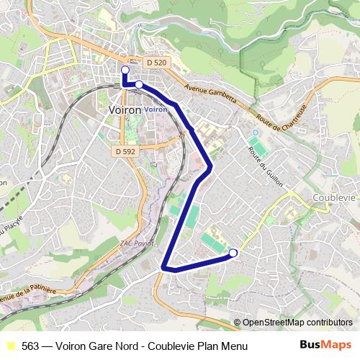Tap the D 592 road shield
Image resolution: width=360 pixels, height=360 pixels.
point(124,151)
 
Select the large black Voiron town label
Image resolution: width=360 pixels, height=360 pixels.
point(123,110)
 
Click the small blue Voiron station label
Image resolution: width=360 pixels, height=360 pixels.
point(155,109)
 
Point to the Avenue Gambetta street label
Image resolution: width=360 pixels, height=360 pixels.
point(210,94)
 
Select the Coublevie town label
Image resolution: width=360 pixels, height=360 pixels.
point(336,197)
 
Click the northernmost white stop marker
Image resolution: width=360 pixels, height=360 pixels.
point(125,70)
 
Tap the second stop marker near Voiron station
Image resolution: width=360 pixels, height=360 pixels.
point(138,84)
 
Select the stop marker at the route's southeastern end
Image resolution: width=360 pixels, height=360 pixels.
point(233,253)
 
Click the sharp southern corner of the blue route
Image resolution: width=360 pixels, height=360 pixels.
point(166,268)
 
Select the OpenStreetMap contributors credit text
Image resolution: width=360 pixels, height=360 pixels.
point(297,323)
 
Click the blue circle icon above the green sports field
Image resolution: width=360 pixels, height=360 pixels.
point(253,133)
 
